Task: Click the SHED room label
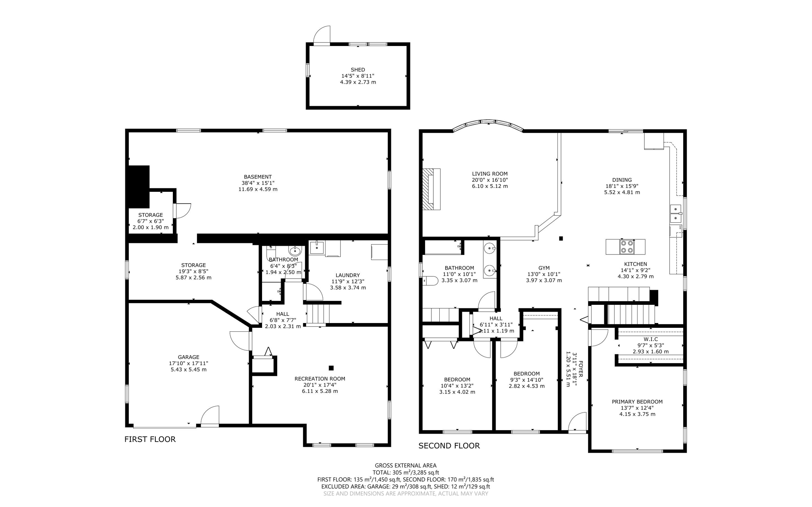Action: click(x=358, y=70)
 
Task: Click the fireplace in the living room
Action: click(x=431, y=189)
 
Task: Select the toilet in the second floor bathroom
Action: click(x=431, y=281)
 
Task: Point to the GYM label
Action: click(x=544, y=268)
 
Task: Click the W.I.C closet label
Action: click(x=650, y=339)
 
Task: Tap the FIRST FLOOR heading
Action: click(x=150, y=439)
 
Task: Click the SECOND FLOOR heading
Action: click(x=449, y=446)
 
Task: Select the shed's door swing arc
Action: click(x=322, y=34)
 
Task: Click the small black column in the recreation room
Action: click(x=331, y=368)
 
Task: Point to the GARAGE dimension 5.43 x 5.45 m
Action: click(x=188, y=369)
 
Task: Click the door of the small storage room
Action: click(x=183, y=210)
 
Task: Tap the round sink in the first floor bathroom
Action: click(x=295, y=251)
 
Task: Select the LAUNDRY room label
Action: click(x=347, y=275)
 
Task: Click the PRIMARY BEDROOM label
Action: click(x=637, y=402)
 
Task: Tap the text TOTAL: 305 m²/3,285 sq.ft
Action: click(x=405, y=473)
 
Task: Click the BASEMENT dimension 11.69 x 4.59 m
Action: click(x=258, y=189)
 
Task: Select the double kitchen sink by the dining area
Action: click(x=675, y=214)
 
